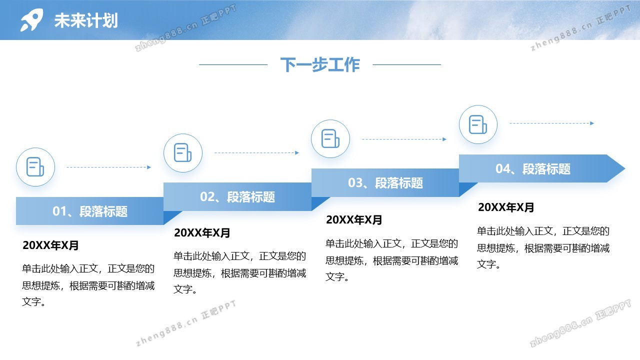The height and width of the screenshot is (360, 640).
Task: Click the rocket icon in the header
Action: click(31, 19)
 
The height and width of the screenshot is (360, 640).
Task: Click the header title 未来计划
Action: click(86, 20)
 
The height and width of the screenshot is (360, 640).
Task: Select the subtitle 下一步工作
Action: click(320, 64)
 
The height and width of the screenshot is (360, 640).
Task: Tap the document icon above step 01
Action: click(35, 167)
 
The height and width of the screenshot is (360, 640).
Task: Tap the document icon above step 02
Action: click(182, 152)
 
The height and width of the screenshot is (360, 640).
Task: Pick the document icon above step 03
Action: click(330, 138)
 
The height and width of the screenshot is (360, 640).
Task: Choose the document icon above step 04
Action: click(478, 124)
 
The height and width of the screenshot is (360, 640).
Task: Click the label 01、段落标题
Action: click(90, 211)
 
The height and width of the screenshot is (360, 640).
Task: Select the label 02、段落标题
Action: click(237, 197)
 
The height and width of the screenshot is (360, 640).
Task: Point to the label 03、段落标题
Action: click(385, 183)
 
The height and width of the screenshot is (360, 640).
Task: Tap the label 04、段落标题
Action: click(533, 168)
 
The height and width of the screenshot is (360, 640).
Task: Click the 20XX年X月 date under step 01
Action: click(50, 245)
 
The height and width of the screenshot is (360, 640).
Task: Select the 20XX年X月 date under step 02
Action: click(202, 233)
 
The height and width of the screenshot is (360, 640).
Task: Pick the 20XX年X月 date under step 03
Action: click(353, 220)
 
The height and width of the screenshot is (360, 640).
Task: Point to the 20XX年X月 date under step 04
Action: click(505, 207)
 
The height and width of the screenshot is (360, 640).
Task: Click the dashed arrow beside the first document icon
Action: click(108, 167)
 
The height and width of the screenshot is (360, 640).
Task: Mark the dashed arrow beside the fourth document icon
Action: click(551, 123)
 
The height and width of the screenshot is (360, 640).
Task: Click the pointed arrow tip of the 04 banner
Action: click(625, 168)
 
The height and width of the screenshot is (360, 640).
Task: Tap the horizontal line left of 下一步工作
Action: click(233, 64)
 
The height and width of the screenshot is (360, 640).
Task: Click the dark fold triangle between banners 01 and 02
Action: click(170, 216)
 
